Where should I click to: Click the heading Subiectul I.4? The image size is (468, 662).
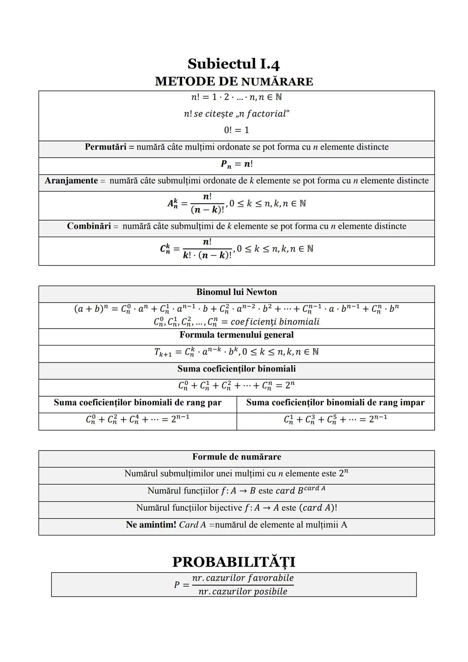coord(234,64)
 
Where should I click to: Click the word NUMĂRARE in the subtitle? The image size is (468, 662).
coord(277,82)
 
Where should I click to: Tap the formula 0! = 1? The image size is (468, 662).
coord(236,130)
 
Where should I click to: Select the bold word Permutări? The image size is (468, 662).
coord(105,147)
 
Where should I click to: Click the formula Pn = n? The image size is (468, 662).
coord(237,164)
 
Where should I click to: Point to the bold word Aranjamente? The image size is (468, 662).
coord(71,181)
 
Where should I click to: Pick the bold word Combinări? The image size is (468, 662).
coord(89,226)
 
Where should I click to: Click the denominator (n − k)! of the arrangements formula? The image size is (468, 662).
coord(207,210)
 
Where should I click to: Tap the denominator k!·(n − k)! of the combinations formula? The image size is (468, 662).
coord(207,255)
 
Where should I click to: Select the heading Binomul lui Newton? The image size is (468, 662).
coord(236,292)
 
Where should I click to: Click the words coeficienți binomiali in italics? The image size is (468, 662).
coord(275,322)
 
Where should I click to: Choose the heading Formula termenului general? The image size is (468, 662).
coord(236,335)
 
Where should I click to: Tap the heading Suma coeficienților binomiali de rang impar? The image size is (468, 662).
coord(335,403)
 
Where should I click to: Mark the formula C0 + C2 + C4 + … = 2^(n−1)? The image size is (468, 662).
coord(137,419)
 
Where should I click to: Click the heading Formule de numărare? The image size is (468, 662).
coord(236,457)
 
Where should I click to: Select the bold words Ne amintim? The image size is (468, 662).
coord(151,525)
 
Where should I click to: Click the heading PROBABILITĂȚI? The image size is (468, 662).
coord(234,562)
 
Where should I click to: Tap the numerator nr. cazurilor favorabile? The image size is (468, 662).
coord(243,578)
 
